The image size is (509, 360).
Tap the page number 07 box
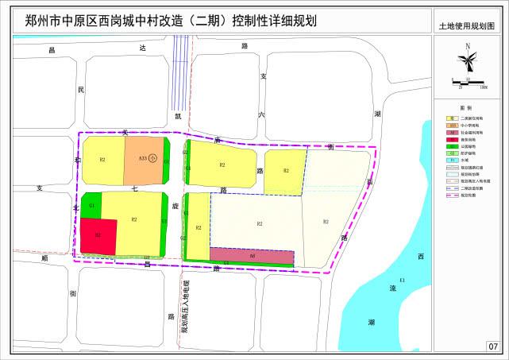pos(493,346)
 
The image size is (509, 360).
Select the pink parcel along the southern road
pos(251,254)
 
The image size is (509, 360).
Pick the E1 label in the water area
pos(403,281)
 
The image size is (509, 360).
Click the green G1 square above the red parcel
pos(92,205)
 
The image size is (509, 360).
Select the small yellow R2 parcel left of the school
pos(103,161)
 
